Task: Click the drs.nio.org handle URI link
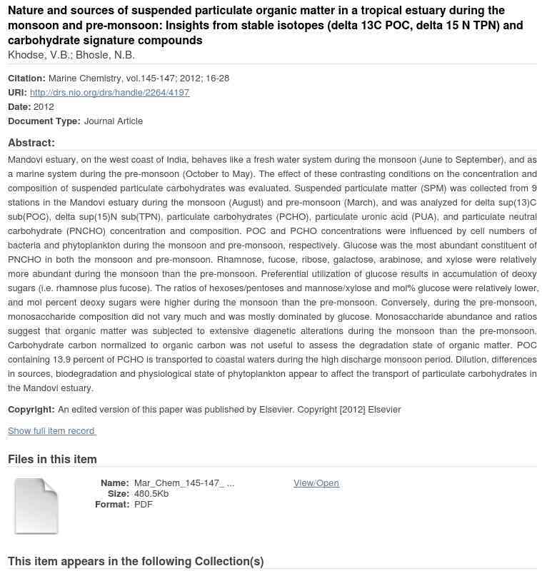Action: [109, 93]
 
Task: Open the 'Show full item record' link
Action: [51, 431]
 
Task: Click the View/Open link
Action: [316, 483]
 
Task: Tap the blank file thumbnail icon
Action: [36, 506]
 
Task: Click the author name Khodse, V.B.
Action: [39, 56]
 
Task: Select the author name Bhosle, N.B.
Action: [105, 56]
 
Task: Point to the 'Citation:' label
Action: [26, 79]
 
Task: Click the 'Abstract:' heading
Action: [31, 143]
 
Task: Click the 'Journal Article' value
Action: [114, 121]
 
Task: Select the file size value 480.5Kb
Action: [151, 494]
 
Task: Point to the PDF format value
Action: [144, 505]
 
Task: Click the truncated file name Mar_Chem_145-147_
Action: [184, 483]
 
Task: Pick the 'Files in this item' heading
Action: [52, 460]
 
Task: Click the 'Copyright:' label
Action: [31, 410]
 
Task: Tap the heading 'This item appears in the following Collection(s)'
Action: [136, 562]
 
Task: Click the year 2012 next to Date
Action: [44, 107]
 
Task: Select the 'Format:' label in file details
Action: [112, 505]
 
